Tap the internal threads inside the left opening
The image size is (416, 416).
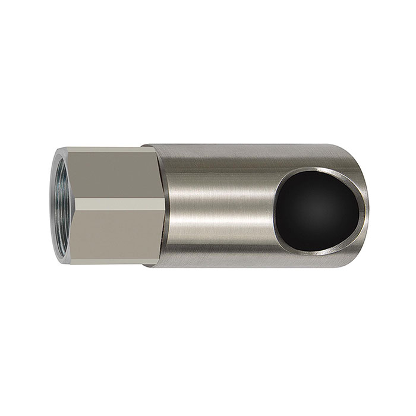coord(53,208)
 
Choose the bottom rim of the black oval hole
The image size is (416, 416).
coord(321,245)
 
